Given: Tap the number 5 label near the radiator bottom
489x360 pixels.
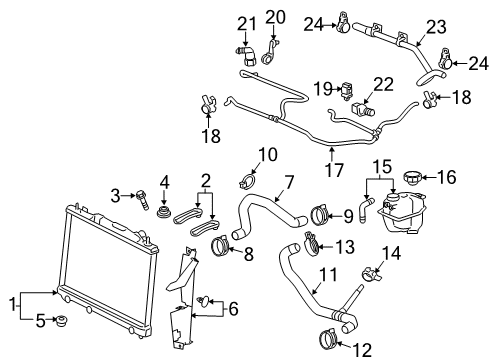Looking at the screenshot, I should (x=40, y=321).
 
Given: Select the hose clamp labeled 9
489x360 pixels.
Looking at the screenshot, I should (x=320, y=212).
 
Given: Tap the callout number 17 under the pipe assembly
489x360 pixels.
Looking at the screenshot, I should (x=333, y=158).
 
